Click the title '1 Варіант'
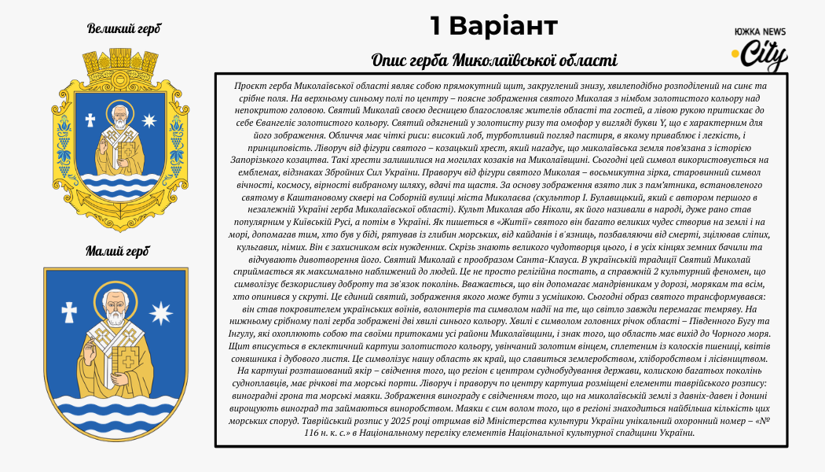493,26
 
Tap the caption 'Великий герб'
124,29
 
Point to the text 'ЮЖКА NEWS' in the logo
760,31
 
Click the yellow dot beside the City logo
736,53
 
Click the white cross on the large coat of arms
90,120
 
